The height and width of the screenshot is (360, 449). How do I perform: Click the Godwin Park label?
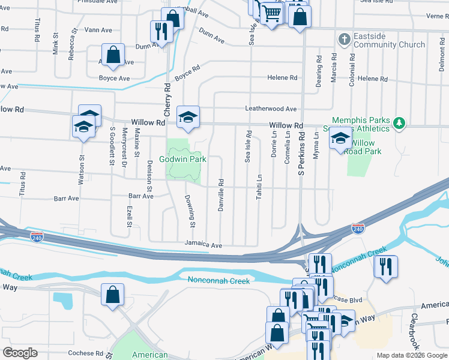(182, 159)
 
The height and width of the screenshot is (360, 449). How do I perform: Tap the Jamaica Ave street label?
(203, 245)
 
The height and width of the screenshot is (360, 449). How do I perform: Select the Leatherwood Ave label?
(271, 109)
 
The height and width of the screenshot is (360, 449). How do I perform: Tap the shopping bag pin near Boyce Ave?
(113, 55)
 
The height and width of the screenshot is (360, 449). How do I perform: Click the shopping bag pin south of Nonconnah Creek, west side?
(112, 295)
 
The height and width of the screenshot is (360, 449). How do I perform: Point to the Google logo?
(19, 353)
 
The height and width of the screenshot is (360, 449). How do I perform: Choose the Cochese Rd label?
(86, 353)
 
